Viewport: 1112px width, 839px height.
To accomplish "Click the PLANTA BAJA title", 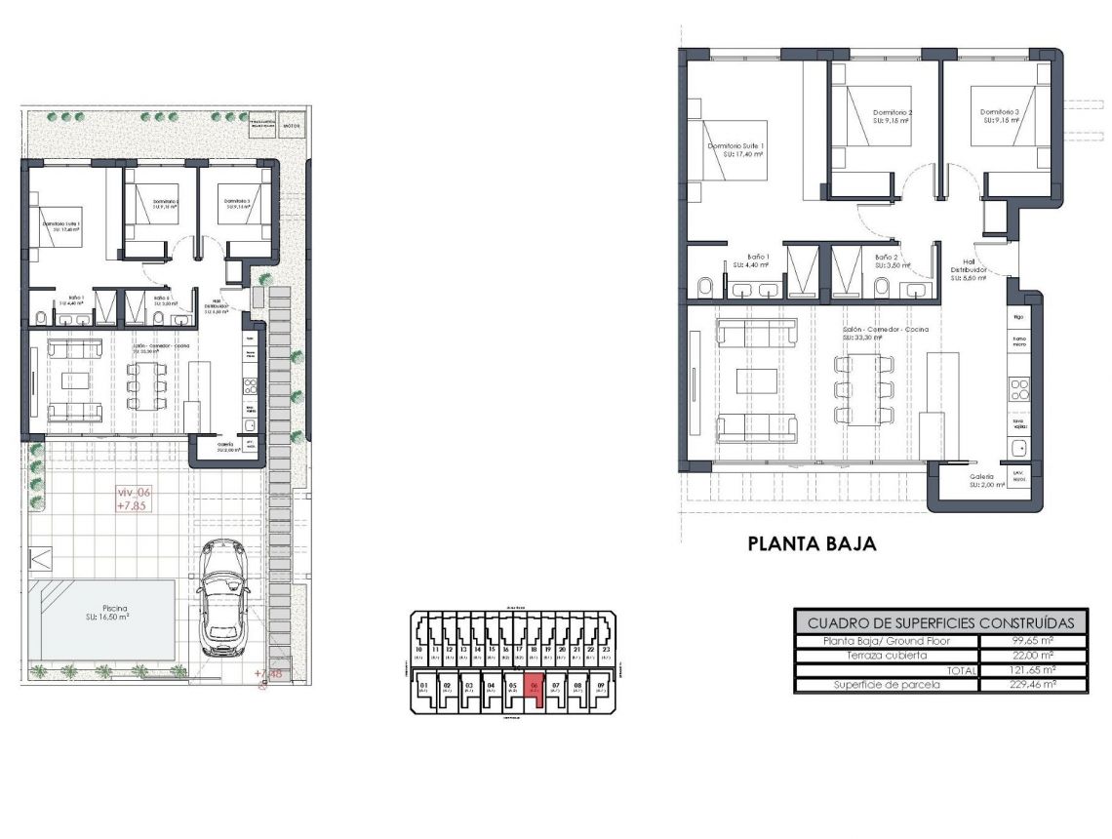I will pyautogui.click(x=812, y=543).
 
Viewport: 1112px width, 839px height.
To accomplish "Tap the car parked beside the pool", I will pyautogui.click(x=223, y=599).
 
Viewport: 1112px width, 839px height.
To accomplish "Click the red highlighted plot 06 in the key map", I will pyautogui.click(x=534, y=688).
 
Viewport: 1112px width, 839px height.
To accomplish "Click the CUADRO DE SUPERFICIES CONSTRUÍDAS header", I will pyautogui.click(x=940, y=622).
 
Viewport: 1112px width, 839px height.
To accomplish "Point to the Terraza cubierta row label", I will pyautogui.click(x=887, y=656).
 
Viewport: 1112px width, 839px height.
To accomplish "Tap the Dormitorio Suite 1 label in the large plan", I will pyautogui.click(x=735, y=149).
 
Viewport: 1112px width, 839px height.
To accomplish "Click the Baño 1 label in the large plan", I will pyautogui.click(x=759, y=260).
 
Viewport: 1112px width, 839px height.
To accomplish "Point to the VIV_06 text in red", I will pyautogui.click(x=135, y=494).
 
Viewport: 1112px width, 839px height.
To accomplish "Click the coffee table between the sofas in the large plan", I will pyautogui.click(x=756, y=381).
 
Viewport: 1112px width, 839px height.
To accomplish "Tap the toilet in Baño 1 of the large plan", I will pyautogui.click(x=705, y=287).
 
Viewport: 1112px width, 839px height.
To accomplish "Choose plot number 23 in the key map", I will pyautogui.click(x=607, y=650).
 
